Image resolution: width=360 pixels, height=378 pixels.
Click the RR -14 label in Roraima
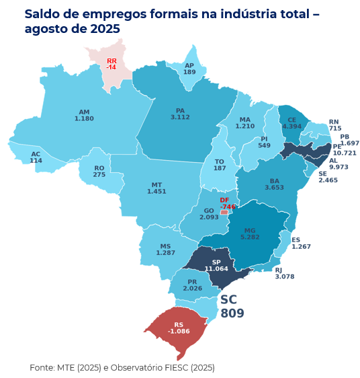(111, 64)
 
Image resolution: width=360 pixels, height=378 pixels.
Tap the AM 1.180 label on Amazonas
(84, 115)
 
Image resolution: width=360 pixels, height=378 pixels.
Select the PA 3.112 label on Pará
(180, 114)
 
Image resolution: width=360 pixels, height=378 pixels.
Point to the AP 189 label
(189, 69)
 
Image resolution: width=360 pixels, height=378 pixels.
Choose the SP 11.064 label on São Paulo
(216, 265)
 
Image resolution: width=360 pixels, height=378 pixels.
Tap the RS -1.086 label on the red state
(179, 328)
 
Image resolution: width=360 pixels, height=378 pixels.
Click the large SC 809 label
(232, 307)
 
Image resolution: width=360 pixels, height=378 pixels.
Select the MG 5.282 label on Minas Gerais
(250, 233)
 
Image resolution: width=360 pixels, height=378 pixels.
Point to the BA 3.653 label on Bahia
(274, 184)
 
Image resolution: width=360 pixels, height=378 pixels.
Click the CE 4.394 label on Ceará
(291, 123)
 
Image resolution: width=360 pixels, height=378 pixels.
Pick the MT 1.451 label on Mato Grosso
(156, 188)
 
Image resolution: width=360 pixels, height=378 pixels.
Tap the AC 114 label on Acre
(36, 157)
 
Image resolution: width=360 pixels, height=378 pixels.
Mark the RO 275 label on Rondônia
(99, 172)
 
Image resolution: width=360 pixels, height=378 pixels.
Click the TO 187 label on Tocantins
(220, 165)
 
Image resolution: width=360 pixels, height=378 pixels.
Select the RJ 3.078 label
(284, 273)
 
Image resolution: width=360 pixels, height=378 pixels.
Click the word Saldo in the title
(44, 14)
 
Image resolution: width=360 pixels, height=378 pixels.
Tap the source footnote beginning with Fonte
(122, 367)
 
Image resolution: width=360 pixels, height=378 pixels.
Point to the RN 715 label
(334, 125)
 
